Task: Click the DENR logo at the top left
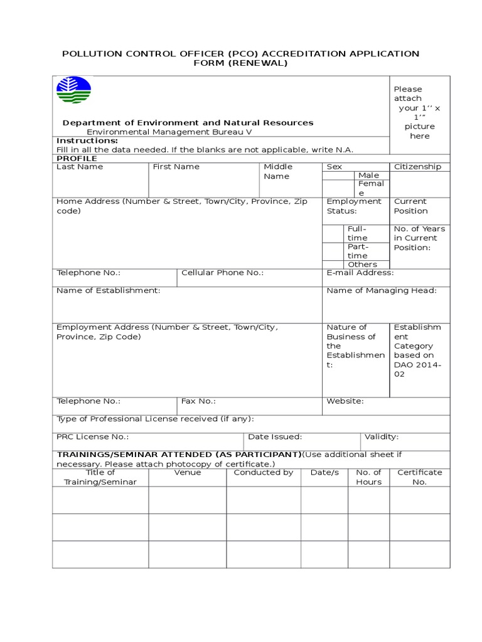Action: [73, 90]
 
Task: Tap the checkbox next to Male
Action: [338, 176]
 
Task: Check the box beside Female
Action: [338, 189]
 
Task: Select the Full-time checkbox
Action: [333, 233]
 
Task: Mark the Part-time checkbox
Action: [333, 251]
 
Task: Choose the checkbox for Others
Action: [333, 265]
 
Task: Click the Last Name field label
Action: [80, 167]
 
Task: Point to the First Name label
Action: [176, 167]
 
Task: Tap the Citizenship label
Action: [417, 167]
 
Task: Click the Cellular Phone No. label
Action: [222, 273]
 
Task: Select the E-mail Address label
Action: [360, 273]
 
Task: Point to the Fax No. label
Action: [198, 401]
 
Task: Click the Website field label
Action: [345, 401]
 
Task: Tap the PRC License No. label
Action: [93, 437]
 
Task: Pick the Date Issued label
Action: [275, 437]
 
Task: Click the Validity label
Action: [382, 437]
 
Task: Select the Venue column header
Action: [188, 473]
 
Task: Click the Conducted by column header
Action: [264, 473]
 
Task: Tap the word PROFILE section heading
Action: [77, 159]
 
